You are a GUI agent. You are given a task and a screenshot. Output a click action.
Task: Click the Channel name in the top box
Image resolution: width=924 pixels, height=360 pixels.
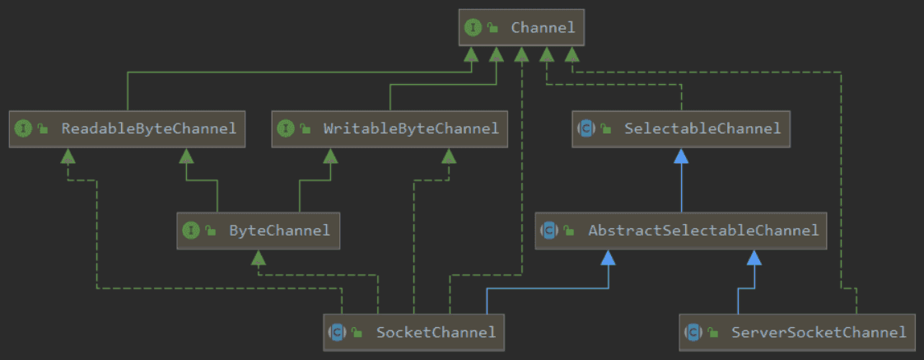point(543,28)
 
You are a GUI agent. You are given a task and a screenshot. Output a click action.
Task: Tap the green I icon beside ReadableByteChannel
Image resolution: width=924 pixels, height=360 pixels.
point(23,129)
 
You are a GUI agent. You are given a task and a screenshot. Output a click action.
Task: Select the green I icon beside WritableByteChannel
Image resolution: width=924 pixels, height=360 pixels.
point(286,129)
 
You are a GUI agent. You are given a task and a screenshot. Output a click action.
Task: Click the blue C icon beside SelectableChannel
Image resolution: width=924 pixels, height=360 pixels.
point(586,129)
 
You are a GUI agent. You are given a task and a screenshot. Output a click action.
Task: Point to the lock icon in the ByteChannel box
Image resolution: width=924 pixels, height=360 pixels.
point(211,231)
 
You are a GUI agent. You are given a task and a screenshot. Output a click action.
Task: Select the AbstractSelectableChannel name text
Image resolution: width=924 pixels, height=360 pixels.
point(703,231)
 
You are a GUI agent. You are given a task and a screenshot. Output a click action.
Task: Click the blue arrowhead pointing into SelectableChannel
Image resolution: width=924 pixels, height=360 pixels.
point(681,157)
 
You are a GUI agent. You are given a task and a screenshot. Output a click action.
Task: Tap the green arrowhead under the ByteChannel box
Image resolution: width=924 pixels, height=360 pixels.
point(258,259)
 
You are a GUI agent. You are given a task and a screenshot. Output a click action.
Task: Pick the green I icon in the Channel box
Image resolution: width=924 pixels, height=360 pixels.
point(473,28)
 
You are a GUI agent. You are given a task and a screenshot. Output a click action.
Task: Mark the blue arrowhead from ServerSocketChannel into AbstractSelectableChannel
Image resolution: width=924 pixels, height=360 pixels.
point(753,259)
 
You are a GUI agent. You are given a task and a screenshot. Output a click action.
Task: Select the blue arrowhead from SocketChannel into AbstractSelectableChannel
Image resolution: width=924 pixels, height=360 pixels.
point(608,259)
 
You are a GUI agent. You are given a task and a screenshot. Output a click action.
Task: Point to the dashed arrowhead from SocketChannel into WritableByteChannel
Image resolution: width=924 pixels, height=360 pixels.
point(449,157)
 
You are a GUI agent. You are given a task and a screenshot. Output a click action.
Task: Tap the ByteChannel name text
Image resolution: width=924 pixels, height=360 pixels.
point(279,231)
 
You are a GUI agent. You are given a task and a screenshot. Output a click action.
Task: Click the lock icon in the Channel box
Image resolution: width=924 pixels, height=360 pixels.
point(493,28)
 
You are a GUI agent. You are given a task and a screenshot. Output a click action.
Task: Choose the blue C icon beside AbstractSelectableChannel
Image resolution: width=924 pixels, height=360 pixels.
point(549,231)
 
